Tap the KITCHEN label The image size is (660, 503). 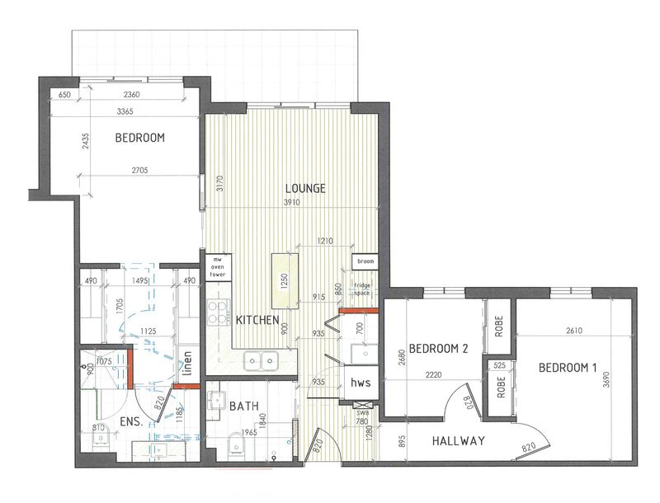257,320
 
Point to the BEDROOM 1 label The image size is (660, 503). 567,367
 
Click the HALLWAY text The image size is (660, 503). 458,441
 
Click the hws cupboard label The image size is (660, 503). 360,383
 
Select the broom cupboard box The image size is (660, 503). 364,261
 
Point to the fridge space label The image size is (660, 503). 363,289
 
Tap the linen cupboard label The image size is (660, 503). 188,361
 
